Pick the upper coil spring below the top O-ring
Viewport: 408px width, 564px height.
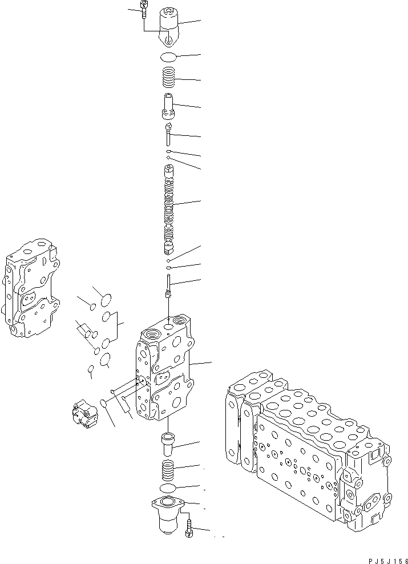(168, 77)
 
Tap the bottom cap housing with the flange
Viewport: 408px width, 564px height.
(169, 514)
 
